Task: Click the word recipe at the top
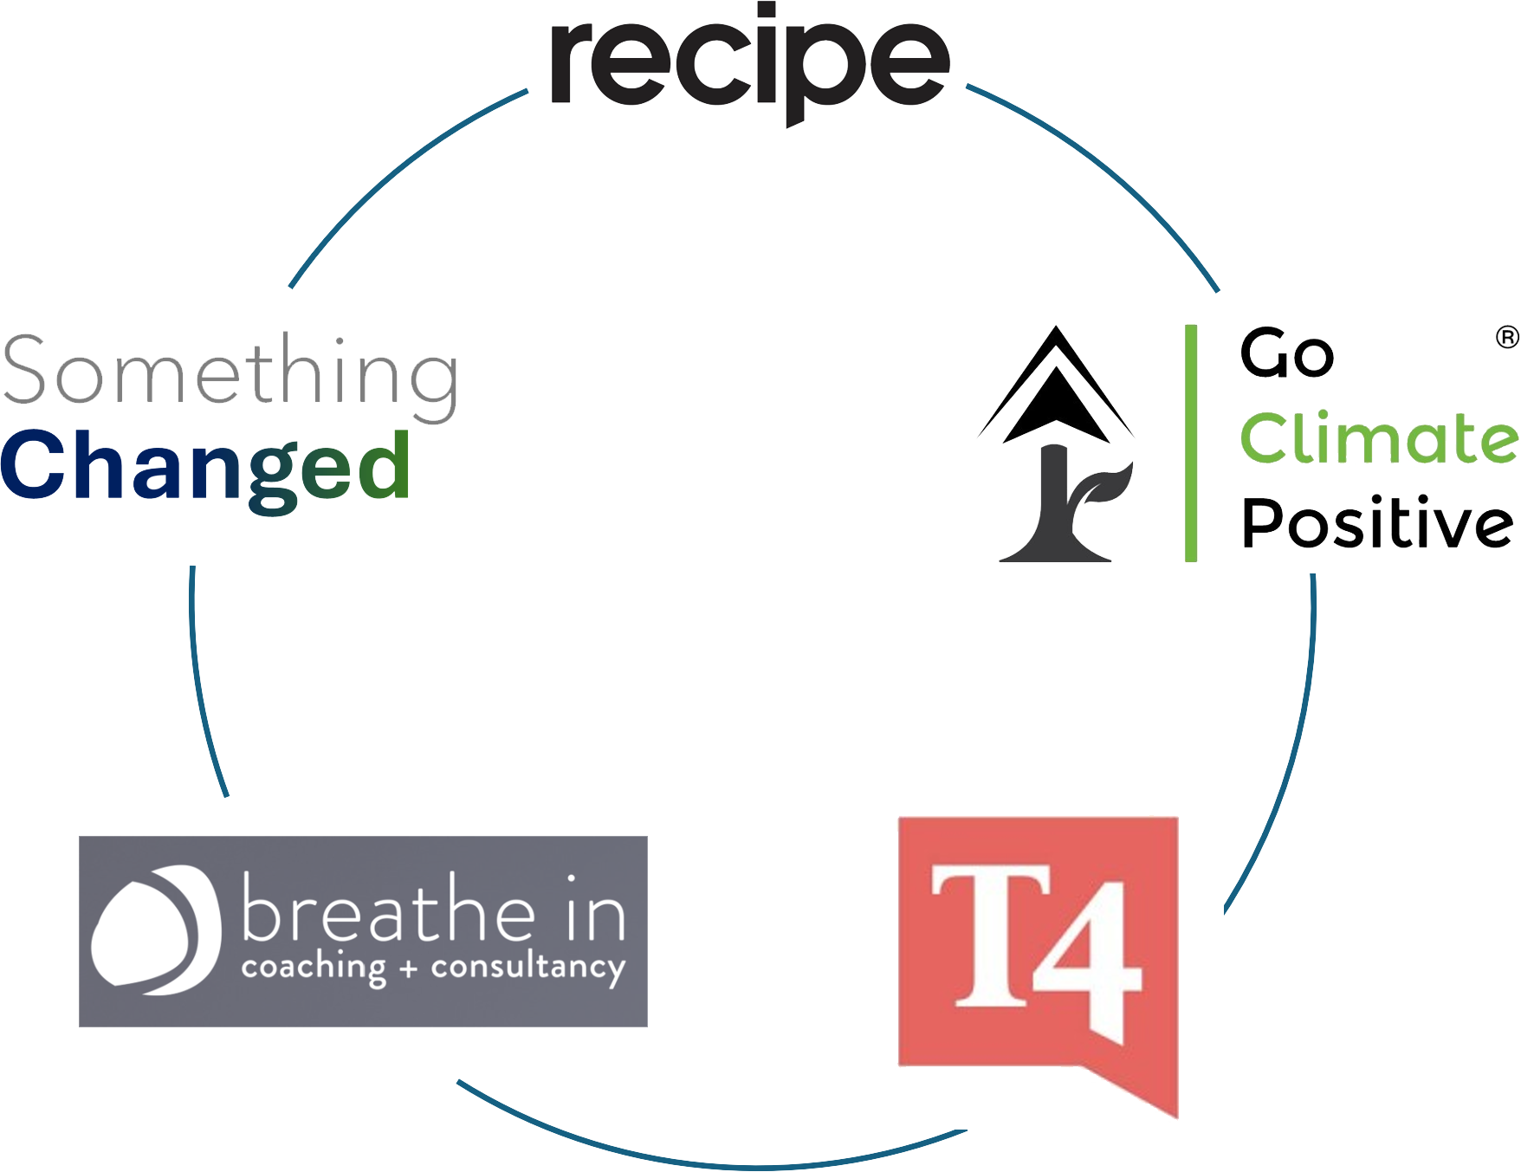tap(750, 65)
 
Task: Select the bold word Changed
tap(205, 468)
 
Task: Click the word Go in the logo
tap(1286, 353)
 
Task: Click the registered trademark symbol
tap(1507, 337)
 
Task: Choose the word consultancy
tap(528, 968)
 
